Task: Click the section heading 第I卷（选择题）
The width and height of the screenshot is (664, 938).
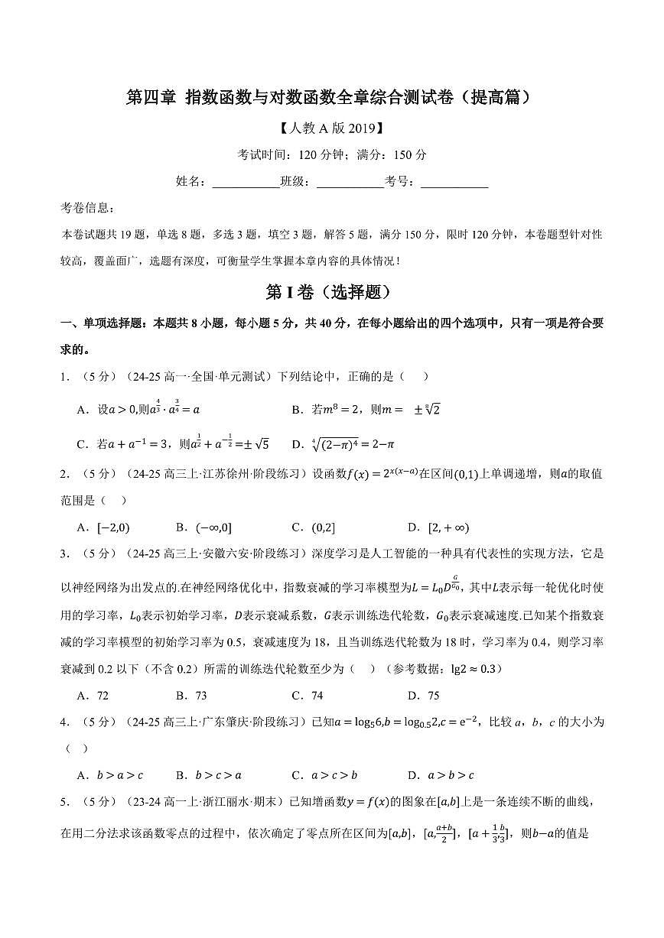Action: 331,292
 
